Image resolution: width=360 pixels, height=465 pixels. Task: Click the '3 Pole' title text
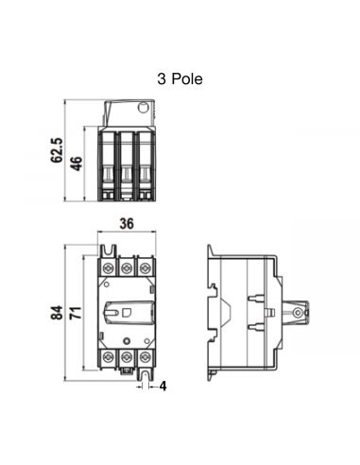pos(180,79)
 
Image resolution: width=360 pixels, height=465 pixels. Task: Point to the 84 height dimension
pos(58,313)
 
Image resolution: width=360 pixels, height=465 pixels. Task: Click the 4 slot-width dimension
pos(163,386)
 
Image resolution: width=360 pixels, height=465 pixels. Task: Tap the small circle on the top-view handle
pos(145,111)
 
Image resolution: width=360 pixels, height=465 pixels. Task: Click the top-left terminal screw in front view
pos(109,268)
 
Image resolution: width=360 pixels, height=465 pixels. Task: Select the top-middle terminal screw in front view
pos(127,268)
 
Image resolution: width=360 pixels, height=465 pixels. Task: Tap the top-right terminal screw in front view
pos(145,268)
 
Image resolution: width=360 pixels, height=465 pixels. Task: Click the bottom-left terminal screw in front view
pos(109,357)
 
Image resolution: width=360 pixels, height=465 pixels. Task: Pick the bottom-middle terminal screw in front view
pos(127,357)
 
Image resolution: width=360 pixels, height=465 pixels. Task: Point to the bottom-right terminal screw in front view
pos(145,357)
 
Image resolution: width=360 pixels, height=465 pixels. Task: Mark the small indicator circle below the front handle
pos(127,340)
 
